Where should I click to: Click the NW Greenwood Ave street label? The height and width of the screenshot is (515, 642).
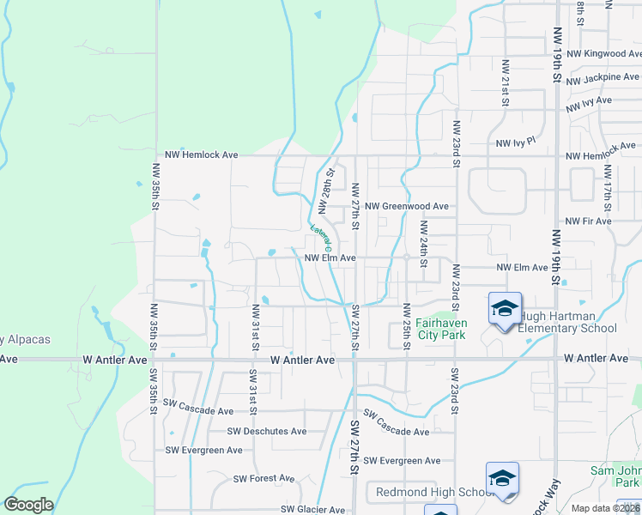point(406,207)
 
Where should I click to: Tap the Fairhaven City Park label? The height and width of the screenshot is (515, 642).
point(440,329)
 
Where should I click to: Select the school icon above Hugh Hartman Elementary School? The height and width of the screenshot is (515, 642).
point(505,308)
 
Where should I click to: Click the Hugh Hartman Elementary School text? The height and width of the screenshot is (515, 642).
point(566,322)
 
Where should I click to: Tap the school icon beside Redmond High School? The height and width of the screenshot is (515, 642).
point(502,479)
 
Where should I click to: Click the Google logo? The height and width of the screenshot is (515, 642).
point(28,505)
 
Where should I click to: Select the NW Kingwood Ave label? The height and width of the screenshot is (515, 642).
point(604,53)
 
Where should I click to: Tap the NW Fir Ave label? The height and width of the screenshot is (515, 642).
point(588,221)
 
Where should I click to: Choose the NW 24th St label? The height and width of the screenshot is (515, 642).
point(423,245)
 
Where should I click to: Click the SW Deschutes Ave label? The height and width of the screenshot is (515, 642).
point(267,432)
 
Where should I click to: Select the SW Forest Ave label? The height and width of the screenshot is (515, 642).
point(263,478)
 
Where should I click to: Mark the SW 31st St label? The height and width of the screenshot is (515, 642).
point(253,388)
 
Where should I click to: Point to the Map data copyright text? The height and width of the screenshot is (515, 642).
point(604,508)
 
